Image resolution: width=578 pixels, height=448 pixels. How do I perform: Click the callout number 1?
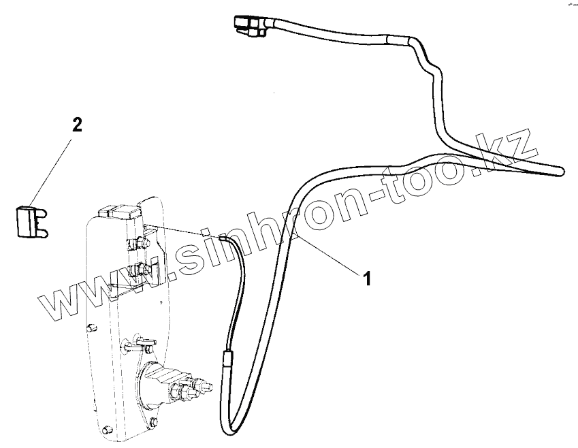(366, 278)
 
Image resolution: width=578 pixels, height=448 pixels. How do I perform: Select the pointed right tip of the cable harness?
(562, 170)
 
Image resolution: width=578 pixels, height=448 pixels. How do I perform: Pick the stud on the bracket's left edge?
(90, 329)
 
